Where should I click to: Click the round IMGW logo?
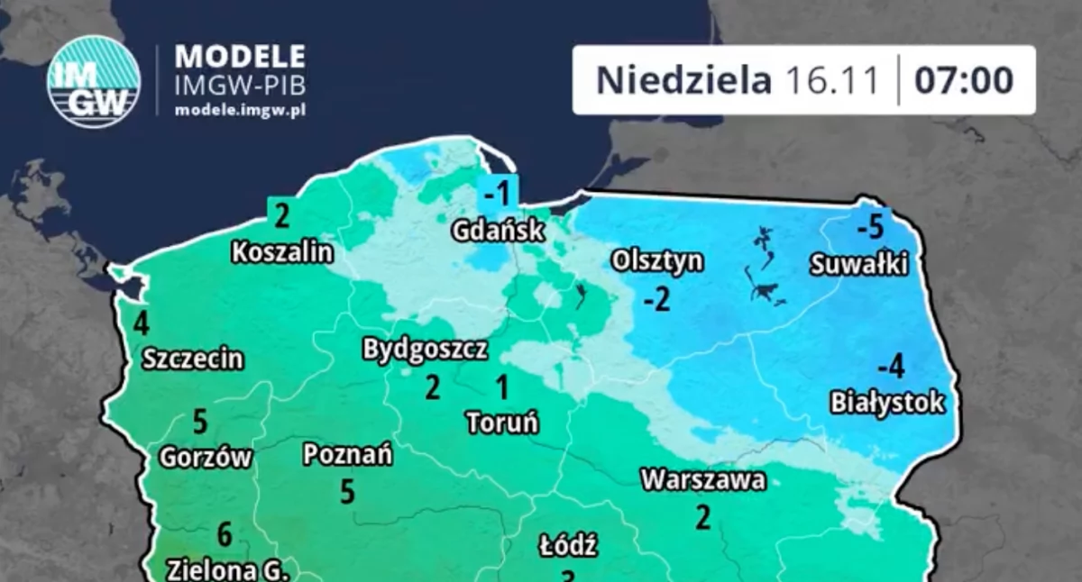(x=93, y=81)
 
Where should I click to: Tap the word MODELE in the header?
(x=240, y=56)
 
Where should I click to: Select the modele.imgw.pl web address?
(x=240, y=109)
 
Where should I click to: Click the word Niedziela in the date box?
(x=683, y=80)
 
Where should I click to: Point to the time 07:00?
(x=964, y=80)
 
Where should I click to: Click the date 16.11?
(x=831, y=80)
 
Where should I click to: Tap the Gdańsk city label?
(x=499, y=231)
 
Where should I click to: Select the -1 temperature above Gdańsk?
(x=499, y=193)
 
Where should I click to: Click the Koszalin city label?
(x=282, y=252)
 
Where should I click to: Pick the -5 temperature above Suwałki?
(x=870, y=227)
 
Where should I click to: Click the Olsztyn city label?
(x=657, y=261)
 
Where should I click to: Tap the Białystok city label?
(x=887, y=402)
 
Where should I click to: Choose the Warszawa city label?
(x=703, y=480)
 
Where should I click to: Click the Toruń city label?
(x=502, y=422)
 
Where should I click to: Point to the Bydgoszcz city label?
(x=426, y=350)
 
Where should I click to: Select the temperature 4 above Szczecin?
(x=141, y=323)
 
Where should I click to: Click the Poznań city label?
(x=347, y=456)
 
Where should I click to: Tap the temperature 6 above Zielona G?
(x=225, y=535)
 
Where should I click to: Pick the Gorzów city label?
(x=206, y=458)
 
